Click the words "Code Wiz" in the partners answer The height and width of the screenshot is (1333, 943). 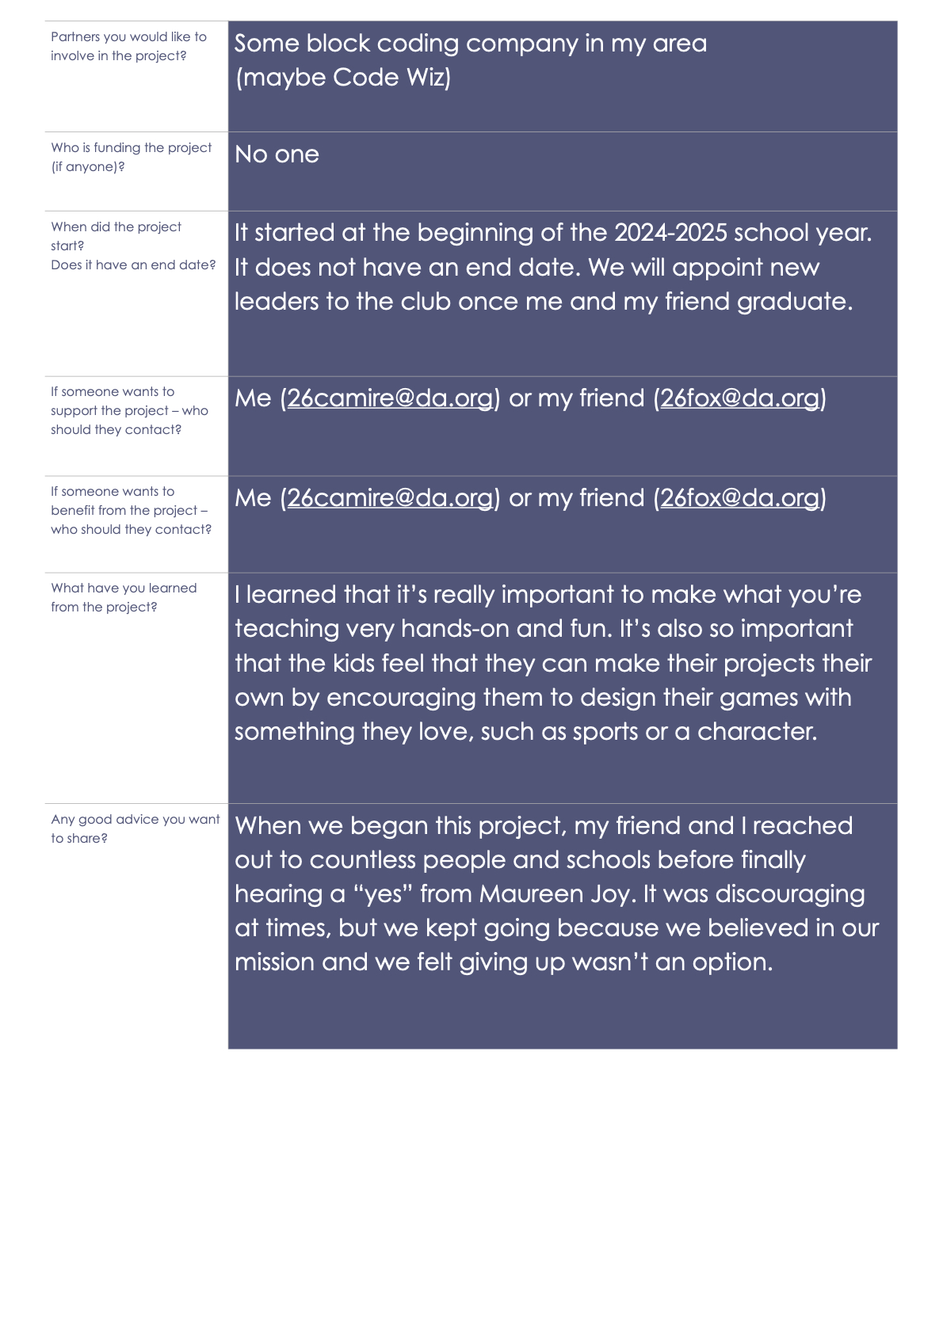coord(391,78)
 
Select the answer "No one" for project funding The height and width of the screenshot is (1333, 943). coord(277,154)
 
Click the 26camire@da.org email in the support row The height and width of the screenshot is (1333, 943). coord(390,398)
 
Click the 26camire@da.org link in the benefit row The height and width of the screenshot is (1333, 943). coord(390,498)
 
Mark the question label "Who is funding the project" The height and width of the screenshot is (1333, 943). coord(132,148)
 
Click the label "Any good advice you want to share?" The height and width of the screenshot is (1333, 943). coord(135,828)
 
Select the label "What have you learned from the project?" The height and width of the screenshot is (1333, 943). coord(124,597)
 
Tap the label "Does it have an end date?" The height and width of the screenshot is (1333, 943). coord(133,265)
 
